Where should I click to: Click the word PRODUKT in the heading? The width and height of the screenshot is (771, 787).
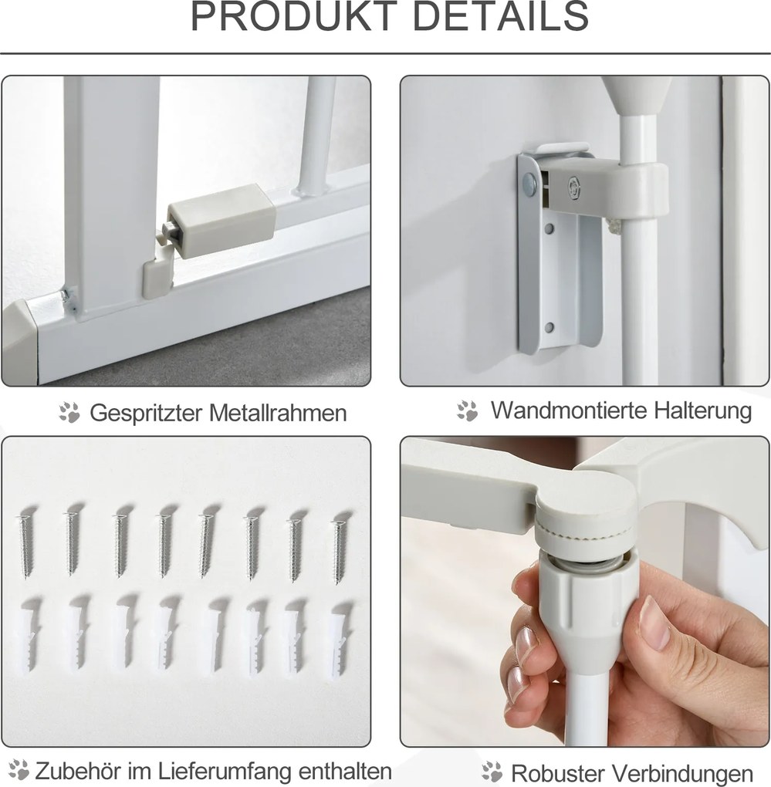tap(294, 16)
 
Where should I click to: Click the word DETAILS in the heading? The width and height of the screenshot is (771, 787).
tap(500, 16)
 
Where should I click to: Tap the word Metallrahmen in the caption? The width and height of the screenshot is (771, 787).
tap(278, 413)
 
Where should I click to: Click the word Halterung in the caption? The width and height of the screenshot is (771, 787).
tap(695, 411)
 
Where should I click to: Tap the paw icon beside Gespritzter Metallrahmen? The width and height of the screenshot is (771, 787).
tap(69, 412)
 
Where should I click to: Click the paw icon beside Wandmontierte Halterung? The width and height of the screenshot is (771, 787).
tap(468, 410)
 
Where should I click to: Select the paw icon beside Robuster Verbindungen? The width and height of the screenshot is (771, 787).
tap(492, 772)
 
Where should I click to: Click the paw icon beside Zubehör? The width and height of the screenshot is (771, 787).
tap(19, 769)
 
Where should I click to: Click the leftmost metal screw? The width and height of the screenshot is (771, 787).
tap(25, 545)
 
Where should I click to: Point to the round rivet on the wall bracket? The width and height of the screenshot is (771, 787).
tap(529, 181)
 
